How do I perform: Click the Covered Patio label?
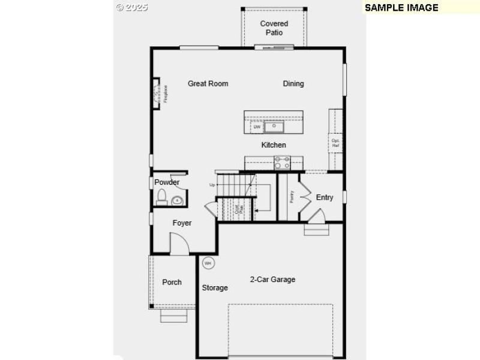[274, 28]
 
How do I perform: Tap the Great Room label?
[208, 84]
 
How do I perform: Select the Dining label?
[293, 84]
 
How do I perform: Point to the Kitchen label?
[274, 145]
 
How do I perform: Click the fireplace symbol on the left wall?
[159, 94]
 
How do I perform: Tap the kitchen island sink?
[275, 127]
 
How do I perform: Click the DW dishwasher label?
[257, 127]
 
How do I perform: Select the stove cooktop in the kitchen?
[282, 162]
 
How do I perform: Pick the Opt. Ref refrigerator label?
[336, 142]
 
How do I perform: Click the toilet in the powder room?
[161, 196]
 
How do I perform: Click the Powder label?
[167, 182]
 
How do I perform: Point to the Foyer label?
[182, 223]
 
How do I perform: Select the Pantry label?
[292, 196]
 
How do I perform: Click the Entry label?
[325, 197]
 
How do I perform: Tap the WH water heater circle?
[208, 263]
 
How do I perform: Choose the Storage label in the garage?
[215, 288]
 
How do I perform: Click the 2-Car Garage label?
[272, 280]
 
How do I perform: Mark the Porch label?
[172, 283]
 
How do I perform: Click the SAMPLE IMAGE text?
[401, 8]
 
